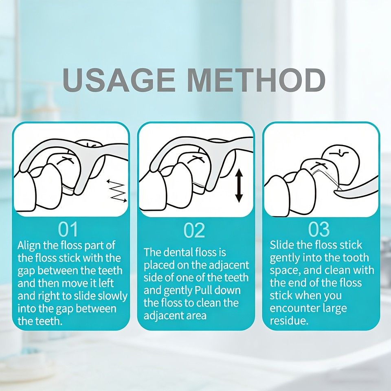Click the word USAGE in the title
[119, 80]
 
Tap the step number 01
[68, 229]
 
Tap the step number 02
[194, 231]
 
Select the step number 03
[319, 229]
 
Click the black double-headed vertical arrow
[239, 186]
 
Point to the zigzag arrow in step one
[117, 191]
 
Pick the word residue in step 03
[289, 321]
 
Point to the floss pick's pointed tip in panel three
[334, 191]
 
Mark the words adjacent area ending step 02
[175, 316]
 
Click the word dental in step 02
[176, 253]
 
